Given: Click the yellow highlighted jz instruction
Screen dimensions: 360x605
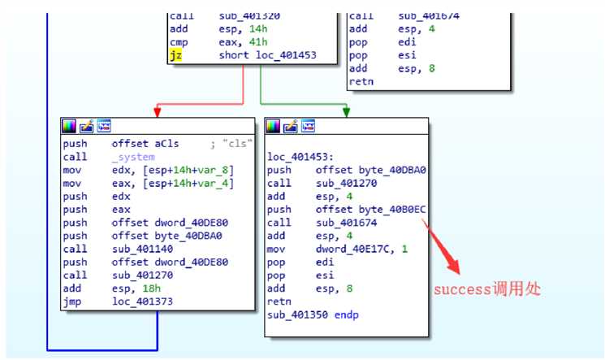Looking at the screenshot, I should [x=176, y=55].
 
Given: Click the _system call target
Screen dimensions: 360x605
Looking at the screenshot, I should [x=131, y=158].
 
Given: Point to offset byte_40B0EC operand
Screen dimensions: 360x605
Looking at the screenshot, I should [x=371, y=210].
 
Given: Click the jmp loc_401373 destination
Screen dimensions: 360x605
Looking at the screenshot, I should [x=145, y=302].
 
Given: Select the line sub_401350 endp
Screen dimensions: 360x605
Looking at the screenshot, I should [x=313, y=314].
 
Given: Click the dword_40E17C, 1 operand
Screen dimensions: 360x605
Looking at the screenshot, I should [x=363, y=249].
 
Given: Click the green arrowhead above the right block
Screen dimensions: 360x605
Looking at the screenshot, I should [x=347, y=111].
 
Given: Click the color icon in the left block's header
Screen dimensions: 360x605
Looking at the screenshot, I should [x=68, y=125].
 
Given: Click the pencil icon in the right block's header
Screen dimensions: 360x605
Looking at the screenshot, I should [x=291, y=125].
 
